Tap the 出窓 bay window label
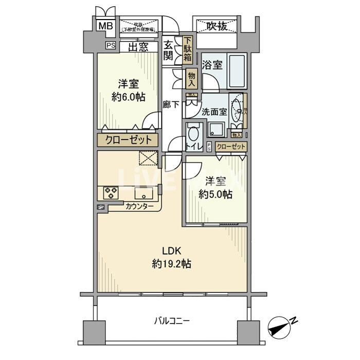[x=139, y=47]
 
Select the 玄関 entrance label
[x=168, y=50]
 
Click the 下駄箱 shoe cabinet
[x=187, y=50]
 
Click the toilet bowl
[x=194, y=135]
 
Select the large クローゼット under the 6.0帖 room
[x=129, y=140]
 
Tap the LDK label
[x=171, y=251]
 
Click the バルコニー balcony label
[x=172, y=321]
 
